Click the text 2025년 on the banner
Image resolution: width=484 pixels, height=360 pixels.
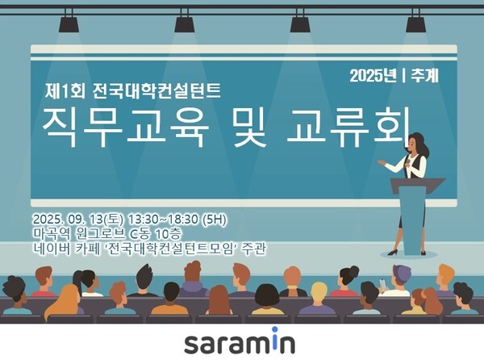(x=374, y=76)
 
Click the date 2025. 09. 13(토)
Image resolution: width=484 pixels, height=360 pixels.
(x=81, y=218)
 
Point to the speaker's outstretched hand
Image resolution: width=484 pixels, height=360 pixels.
(x=381, y=162)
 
